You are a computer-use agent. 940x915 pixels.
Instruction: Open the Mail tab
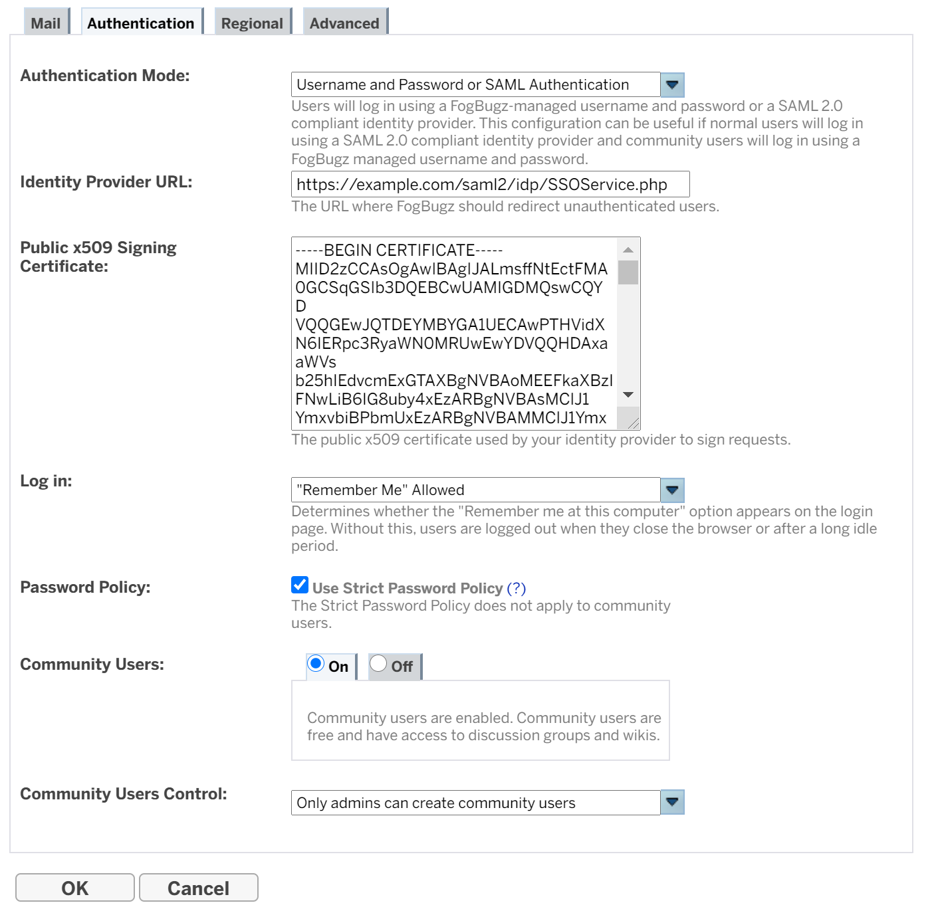pyautogui.click(x=45, y=23)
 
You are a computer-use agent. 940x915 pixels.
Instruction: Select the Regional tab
pyautogui.click(x=252, y=23)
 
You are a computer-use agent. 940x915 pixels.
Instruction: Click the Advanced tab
pyautogui.click(x=344, y=23)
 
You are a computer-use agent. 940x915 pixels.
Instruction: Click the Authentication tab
pyautogui.click(x=141, y=23)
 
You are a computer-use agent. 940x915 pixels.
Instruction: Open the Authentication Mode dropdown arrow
pyautogui.click(x=672, y=85)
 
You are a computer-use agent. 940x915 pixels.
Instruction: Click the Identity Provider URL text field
pyautogui.click(x=490, y=184)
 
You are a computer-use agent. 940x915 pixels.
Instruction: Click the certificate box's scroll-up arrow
pyautogui.click(x=628, y=250)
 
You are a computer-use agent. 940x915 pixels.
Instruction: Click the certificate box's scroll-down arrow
pyautogui.click(x=628, y=395)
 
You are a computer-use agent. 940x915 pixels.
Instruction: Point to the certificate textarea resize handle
pyautogui.click(x=633, y=423)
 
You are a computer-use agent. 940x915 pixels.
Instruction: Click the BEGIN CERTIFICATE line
pyautogui.click(x=399, y=251)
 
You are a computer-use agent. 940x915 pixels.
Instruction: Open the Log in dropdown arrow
pyautogui.click(x=672, y=490)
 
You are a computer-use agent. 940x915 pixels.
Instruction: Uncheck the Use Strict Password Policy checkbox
pyautogui.click(x=300, y=585)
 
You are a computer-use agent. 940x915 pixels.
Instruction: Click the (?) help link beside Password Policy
pyautogui.click(x=516, y=588)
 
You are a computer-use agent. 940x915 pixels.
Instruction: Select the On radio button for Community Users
pyautogui.click(x=316, y=664)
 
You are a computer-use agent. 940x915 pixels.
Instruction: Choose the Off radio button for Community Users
pyautogui.click(x=378, y=664)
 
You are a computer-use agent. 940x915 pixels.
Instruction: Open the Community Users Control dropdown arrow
pyautogui.click(x=672, y=803)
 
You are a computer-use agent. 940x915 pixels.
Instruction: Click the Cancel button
pyautogui.click(x=198, y=888)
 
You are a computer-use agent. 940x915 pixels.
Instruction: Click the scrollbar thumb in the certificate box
pyautogui.click(x=628, y=272)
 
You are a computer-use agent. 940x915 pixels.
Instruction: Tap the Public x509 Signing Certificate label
pyautogui.click(x=98, y=256)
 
